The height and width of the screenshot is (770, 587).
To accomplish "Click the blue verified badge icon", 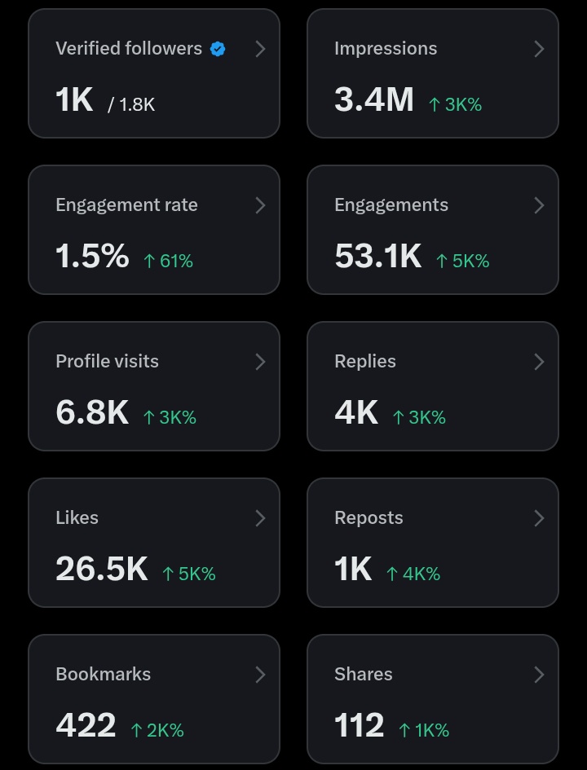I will click(218, 49).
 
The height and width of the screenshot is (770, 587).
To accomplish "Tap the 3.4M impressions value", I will click(374, 99).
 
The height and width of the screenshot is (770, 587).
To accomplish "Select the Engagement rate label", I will click(126, 205).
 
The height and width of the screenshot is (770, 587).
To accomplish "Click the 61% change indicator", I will click(168, 261).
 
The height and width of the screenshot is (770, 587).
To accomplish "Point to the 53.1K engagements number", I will click(377, 256).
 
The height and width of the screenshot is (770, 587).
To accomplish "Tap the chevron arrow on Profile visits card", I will click(260, 362).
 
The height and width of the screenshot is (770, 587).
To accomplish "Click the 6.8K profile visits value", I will click(92, 412).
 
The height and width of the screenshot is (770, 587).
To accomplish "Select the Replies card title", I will click(364, 362).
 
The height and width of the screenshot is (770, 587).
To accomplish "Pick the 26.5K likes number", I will click(102, 569).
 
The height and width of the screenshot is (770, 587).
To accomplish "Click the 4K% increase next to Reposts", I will click(413, 574).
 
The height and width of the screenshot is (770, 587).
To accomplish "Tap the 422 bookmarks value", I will click(86, 725).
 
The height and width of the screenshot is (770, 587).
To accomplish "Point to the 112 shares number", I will click(359, 725).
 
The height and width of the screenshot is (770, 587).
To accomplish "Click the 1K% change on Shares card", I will click(423, 730).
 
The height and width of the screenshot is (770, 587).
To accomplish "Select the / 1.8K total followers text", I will click(131, 104).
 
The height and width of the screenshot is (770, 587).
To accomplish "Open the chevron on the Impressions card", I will click(539, 49).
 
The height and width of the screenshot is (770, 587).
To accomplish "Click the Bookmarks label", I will click(103, 675).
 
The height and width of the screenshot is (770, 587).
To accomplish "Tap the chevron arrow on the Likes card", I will click(260, 518).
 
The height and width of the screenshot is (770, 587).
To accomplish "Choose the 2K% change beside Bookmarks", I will click(157, 730).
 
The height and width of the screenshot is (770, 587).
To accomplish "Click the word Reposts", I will click(369, 518).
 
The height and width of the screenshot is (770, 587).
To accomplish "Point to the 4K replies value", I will click(356, 412).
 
